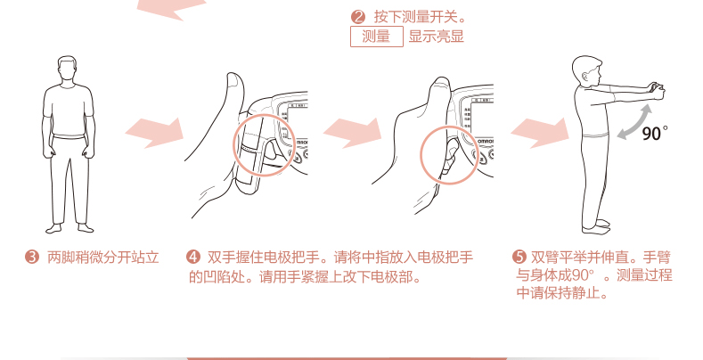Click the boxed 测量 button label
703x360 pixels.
[x=377, y=37]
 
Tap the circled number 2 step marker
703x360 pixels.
[x=358, y=18]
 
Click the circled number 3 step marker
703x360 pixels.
[x=32, y=258]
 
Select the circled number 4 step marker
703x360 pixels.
[x=193, y=258]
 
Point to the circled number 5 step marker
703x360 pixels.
[x=519, y=258]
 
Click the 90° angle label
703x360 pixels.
[x=655, y=133]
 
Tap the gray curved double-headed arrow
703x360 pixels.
[x=634, y=121]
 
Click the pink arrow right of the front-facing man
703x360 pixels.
[x=154, y=133]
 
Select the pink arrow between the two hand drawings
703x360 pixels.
[x=353, y=133]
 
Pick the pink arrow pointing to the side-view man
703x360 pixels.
[x=540, y=133]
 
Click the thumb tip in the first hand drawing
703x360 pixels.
[x=234, y=78]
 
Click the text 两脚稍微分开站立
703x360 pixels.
[x=103, y=258]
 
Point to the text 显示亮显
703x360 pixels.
[x=436, y=37]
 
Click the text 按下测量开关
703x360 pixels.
[x=420, y=18]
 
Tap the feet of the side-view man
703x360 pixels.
[x=596, y=226]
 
